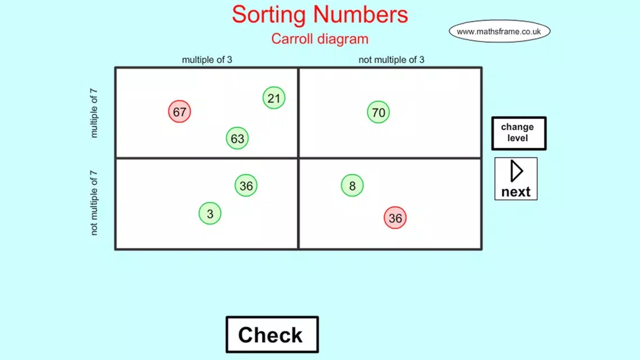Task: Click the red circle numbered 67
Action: click(180, 112)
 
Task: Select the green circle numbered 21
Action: click(274, 98)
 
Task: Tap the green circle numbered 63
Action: click(238, 139)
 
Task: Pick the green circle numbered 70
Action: click(379, 112)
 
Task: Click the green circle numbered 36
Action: click(246, 186)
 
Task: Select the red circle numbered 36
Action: click(395, 218)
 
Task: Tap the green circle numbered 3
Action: click(210, 214)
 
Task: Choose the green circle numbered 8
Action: click(352, 186)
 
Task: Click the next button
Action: click(516, 179)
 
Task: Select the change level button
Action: click(519, 134)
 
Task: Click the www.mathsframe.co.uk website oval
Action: click(500, 32)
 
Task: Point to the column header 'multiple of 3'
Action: click(207, 60)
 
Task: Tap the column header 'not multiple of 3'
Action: click(392, 60)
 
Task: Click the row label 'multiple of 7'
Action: click(94, 113)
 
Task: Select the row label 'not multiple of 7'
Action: click(94, 203)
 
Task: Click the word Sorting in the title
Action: click(269, 15)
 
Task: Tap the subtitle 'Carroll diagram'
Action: click(320, 39)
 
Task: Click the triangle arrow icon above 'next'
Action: click(516, 171)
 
